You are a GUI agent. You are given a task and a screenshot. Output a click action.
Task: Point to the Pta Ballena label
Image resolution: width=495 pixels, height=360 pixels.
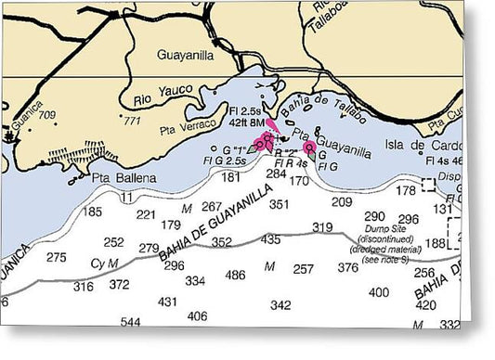click(x=123, y=177)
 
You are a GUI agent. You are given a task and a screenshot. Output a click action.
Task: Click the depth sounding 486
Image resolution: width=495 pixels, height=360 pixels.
click(x=236, y=275)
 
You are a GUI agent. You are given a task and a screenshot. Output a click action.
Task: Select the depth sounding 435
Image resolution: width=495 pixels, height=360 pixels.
click(x=270, y=239)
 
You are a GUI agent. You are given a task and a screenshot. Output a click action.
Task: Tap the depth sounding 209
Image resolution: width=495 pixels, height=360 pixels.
click(x=343, y=201)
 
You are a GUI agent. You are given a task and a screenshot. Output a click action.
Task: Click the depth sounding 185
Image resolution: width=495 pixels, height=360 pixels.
click(x=93, y=212)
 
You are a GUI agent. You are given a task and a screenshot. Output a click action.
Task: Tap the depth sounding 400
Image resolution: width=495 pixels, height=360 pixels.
click(x=379, y=291)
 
